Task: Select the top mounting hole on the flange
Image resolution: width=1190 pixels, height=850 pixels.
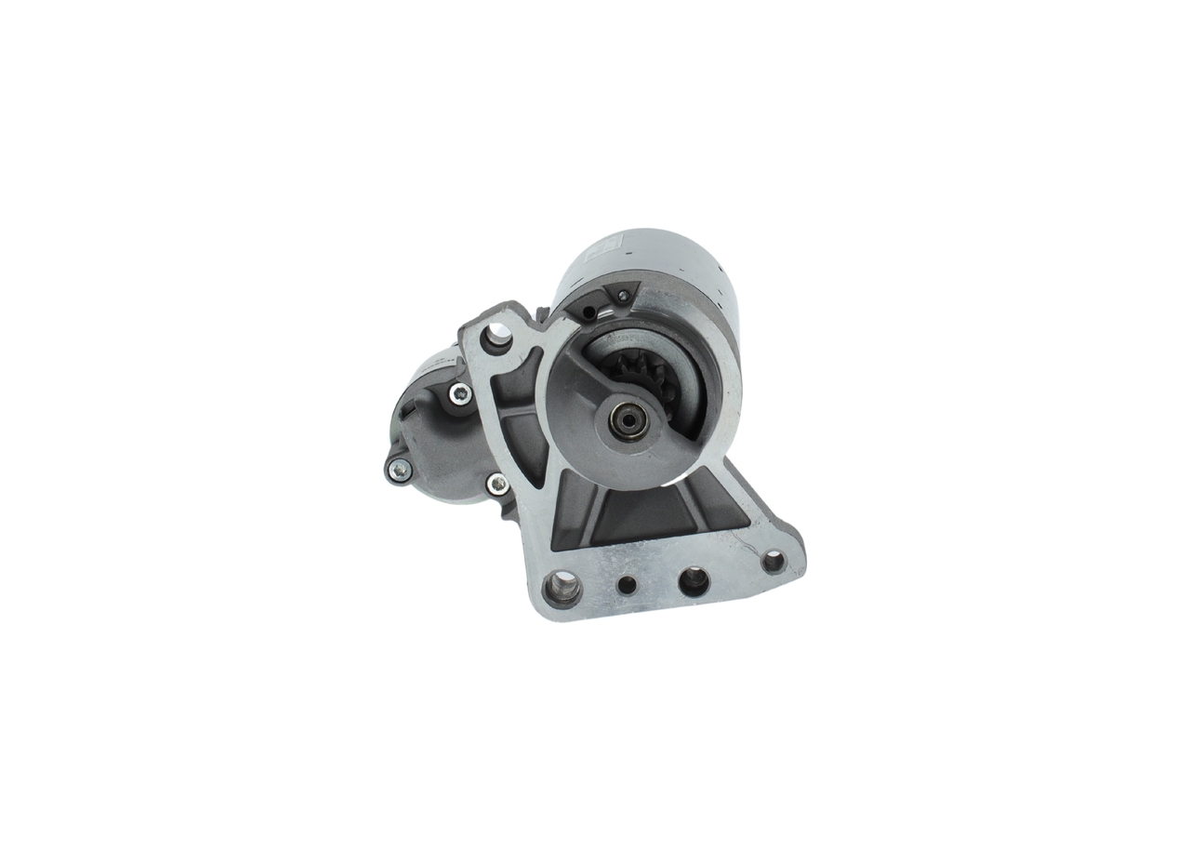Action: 498,331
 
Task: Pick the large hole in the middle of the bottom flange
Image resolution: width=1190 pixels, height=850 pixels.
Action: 694,582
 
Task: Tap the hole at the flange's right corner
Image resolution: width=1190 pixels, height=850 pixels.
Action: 773,561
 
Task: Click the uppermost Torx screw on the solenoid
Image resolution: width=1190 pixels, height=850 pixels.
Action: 458,393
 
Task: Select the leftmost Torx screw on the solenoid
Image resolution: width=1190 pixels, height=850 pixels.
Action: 397,470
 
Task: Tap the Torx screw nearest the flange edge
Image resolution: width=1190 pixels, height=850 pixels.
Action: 497,483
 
